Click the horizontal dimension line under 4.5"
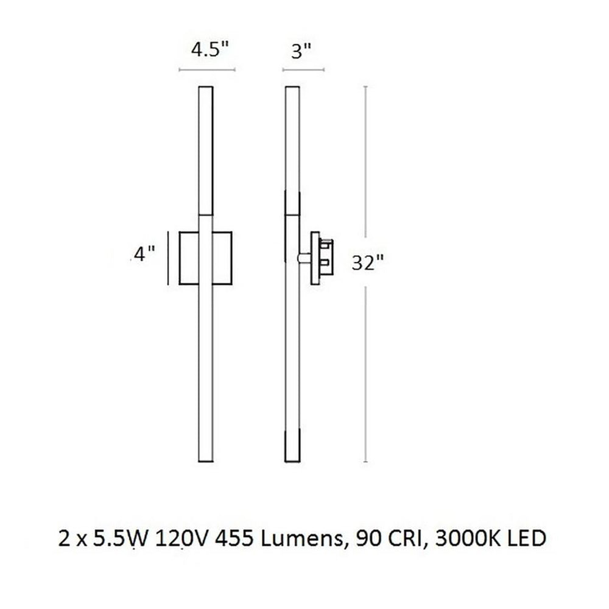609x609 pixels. point(206,71)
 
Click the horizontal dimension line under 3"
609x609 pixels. point(303,71)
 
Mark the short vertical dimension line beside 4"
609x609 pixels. point(169,257)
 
